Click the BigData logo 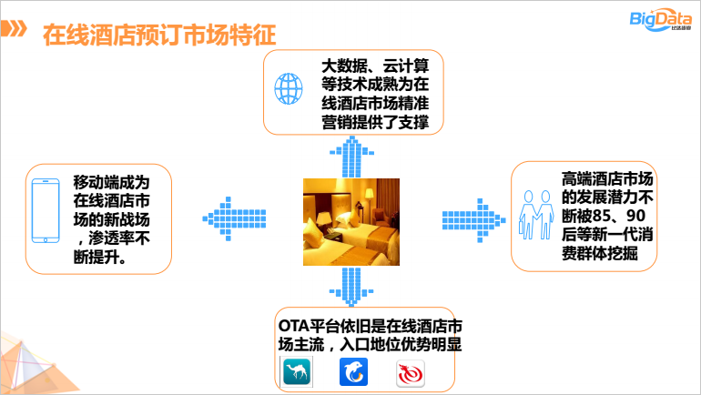(660, 20)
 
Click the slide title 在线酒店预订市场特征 (159, 35)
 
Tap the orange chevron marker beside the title (14, 28)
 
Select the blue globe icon (289, 88)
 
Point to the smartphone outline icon (46, 210)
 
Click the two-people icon (536, 215)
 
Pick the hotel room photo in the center (351, 222)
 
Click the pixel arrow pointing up (351, 157)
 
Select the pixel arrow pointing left (234, 219)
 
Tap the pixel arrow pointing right (474, 220)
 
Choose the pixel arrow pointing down (351, 287)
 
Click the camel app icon (297, 371)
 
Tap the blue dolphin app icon (353, 371)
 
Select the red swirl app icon (411, 373)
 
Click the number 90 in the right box (635, 216)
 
